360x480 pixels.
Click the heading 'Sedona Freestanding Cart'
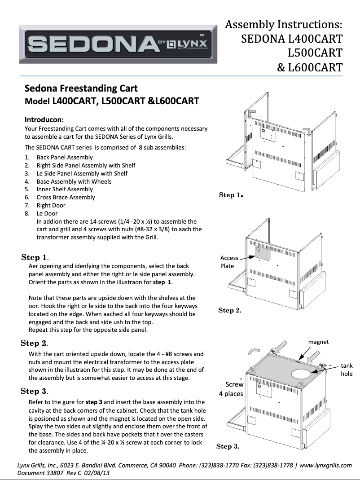click(81, 88)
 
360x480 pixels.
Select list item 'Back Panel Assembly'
click(65, 158)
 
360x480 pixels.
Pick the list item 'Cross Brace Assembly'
click(66, 198)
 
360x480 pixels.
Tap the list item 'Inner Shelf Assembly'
click(65, 189)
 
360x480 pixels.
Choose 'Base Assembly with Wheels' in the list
click(74, 181)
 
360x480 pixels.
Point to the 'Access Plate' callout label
click(229, 262)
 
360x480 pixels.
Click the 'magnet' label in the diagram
click(318, 342)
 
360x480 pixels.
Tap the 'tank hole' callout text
click(347, 370)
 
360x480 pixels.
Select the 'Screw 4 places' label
click(231, 389)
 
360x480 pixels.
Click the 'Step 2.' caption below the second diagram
click(229, 310)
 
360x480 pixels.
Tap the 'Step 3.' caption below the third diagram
click(228, 446)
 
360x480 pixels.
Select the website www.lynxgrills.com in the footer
click(325, 466)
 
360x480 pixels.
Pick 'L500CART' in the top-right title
click(315, 53)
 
